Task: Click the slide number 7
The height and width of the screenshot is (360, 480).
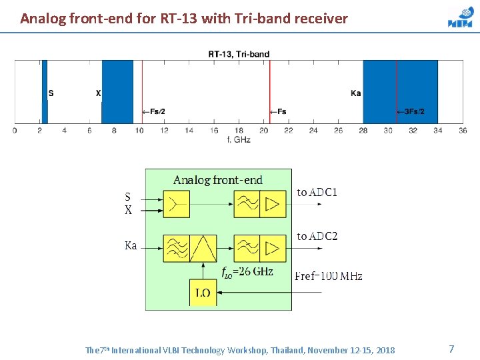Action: click(x=451, y=349)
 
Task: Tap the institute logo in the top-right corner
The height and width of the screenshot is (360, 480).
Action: click(x=460, y=18)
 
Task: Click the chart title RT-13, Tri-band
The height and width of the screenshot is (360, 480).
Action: click(x=239, y=54)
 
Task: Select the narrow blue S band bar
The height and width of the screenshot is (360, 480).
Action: click(x=45, y=91)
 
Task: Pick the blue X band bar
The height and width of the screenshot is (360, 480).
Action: click(x=117, y=91)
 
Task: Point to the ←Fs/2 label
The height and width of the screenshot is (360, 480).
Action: click(x=153, y=111)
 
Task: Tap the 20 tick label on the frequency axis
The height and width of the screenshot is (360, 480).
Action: click(x=264, y=130)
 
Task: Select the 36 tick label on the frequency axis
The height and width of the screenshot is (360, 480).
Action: click(x=463, y=130)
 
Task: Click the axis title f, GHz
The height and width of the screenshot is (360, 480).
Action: click(x=239, y=139)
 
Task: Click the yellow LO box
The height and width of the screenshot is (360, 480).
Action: click(x=203, y=293)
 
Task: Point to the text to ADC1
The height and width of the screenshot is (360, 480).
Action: click(x=317, y=193)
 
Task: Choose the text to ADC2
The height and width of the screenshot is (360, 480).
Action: click(x=317, y=236)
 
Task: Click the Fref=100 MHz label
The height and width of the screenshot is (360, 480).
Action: click(x=329, y=276)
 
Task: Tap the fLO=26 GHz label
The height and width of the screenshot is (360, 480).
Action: click(x=247, y=271)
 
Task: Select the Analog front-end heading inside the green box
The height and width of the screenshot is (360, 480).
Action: click(x=218, y=180)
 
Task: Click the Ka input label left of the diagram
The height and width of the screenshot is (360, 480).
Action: click(x=131, y=246)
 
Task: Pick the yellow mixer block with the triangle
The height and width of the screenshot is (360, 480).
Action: click(x=203, y=248)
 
